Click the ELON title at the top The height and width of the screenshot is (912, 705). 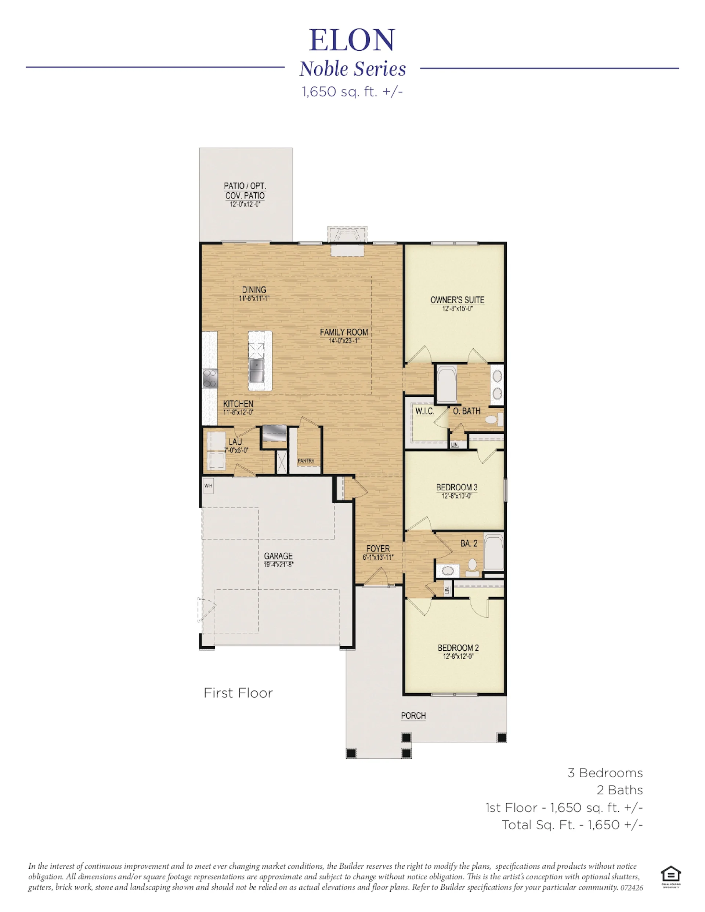tap(352, 40)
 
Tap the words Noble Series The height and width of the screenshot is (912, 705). tap(352, 69)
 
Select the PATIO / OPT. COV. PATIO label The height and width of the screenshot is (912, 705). tap(245, 191)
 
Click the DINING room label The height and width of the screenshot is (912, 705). tap(254, 290)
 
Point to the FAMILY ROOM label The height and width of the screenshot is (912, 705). tap(344, 333)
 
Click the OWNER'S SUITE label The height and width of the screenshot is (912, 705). tap(457, 300)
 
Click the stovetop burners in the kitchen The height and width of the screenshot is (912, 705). tap(210, 378)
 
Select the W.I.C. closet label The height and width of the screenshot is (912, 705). tap(424, 411)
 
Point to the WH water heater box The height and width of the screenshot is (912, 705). tap(208, 486)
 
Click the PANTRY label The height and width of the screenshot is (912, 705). tap(306, 461)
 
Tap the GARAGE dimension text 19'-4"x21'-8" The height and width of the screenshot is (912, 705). tap(278, 564)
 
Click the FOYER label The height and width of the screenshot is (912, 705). tap(378, 549)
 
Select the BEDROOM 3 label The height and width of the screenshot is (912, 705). tap(457, 487)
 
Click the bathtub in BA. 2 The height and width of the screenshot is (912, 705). tap(494, 552)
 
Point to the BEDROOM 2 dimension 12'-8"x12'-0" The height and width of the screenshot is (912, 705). tap(458, 657)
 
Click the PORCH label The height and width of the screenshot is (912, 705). tap(413, 716)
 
